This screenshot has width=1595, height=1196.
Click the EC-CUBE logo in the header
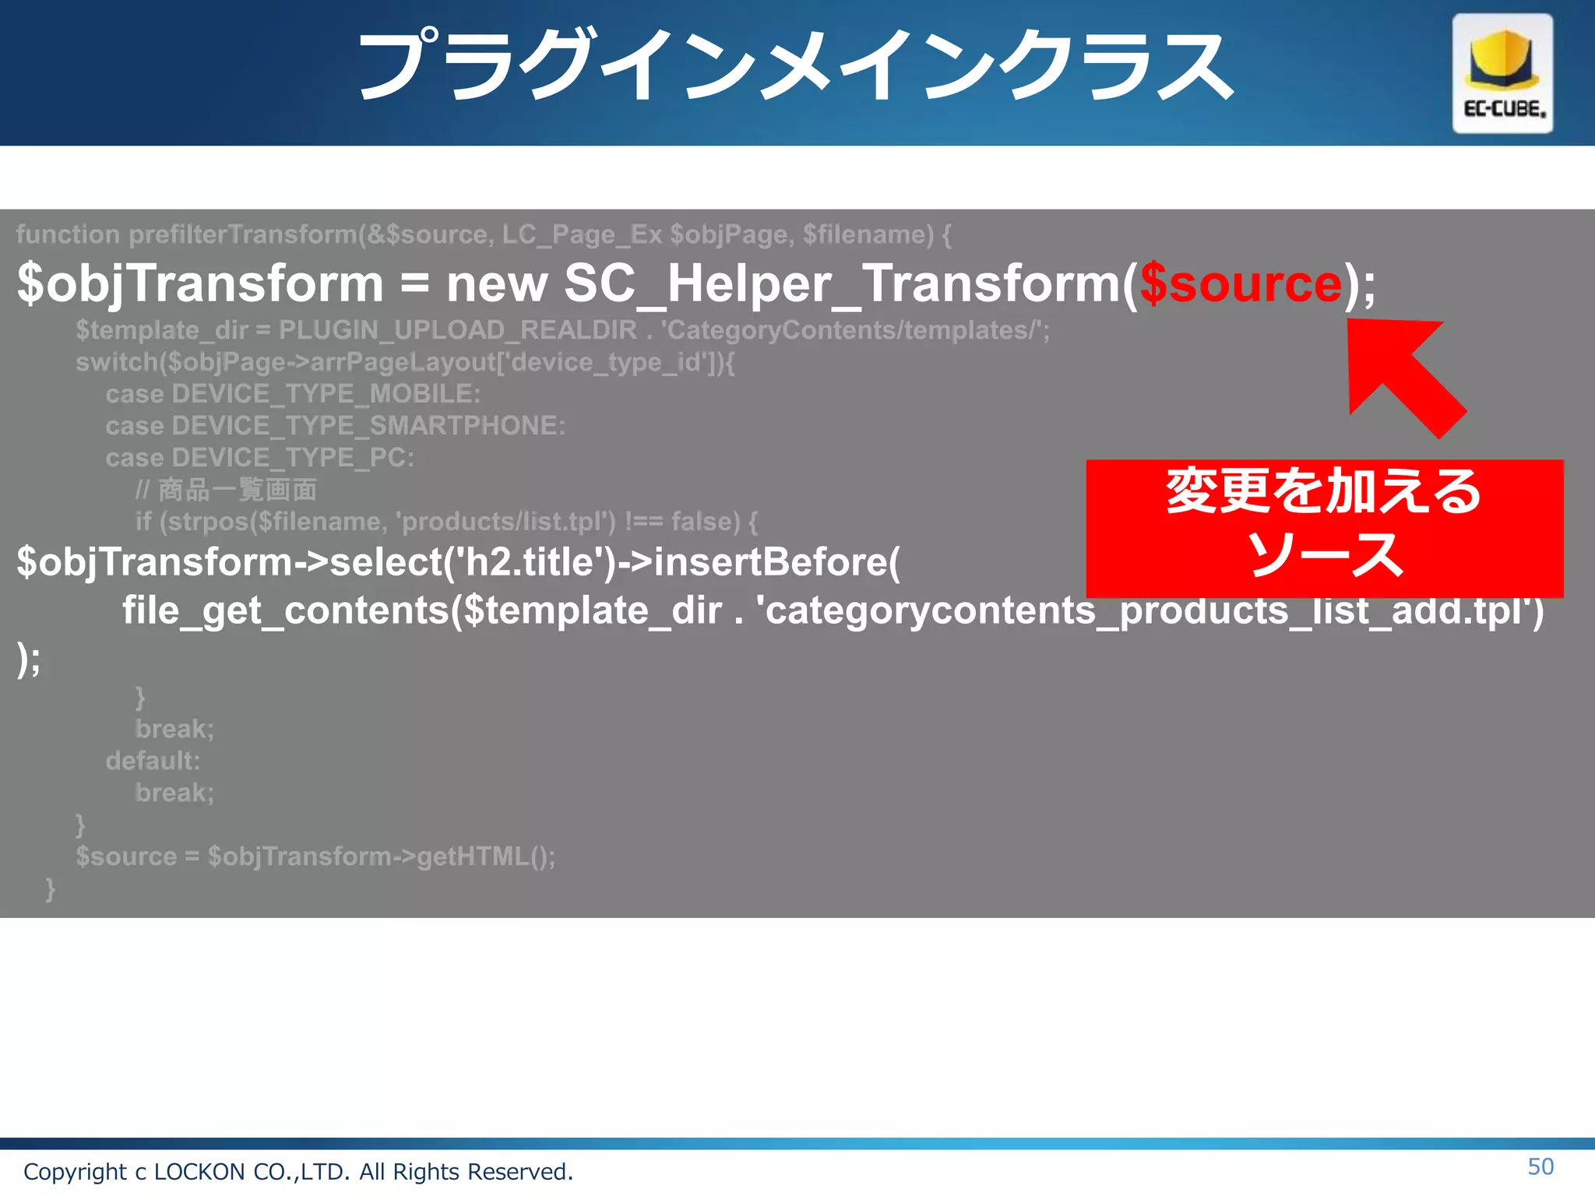pos(1502,74)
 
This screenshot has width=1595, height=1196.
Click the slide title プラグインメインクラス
pos(794,66)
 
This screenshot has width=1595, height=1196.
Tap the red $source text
pos(1241,283)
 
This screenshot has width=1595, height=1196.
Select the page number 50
pos(1540,1166)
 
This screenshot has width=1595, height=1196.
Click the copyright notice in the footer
pos(298,1171)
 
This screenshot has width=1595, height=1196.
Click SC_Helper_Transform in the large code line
pos(842,283)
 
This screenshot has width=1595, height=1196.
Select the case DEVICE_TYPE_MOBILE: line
pos(293,394)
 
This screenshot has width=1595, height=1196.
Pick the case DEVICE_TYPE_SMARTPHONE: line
pos(335,426)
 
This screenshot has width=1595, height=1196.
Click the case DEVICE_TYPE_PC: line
pos(259,458)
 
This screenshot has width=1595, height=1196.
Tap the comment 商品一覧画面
pos(238,490)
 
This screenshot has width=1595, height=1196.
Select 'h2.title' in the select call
pos(529,562)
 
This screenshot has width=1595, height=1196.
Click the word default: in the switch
pos(153,761)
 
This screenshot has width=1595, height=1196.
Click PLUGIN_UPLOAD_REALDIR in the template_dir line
pos(458,330)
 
